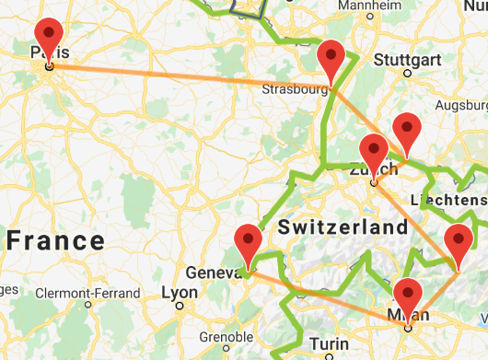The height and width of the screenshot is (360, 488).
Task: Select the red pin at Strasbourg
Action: (331, 61)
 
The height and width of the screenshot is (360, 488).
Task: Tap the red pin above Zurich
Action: (374, 154)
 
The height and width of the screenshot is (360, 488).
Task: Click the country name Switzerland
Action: (343, 227)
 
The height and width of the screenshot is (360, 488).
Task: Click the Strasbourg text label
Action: (295, 90)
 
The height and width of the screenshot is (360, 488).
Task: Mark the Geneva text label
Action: (214, 273)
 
